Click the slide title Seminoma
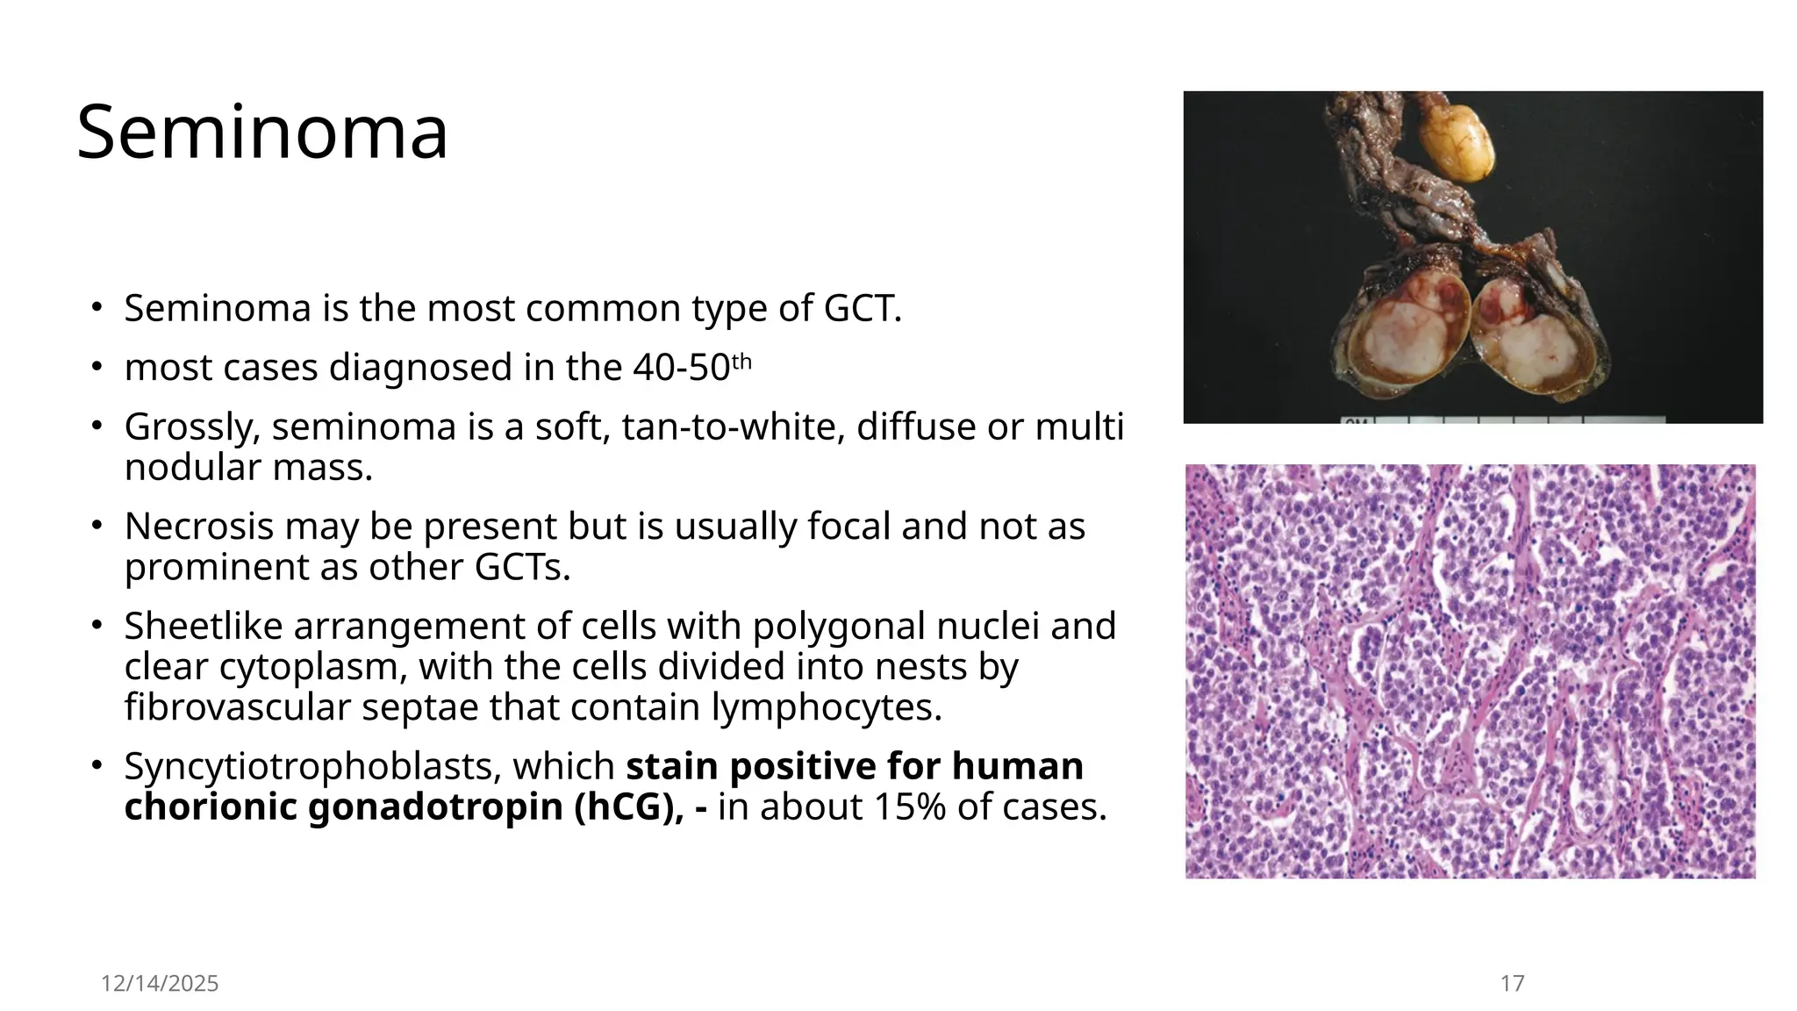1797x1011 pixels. (x=262, y=133)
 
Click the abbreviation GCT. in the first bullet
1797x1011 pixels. (x=863, y=308)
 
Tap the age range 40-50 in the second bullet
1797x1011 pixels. (x=681, y=367)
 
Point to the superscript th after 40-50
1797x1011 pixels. (x=742, y=361)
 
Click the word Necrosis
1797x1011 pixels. (x=197, y=527)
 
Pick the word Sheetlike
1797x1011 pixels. (x=203, y=627)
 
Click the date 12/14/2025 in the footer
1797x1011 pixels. (x=159, y=984)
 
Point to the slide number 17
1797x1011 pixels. (x=1512, y=984)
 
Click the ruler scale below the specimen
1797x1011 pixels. (x=1500, y=419)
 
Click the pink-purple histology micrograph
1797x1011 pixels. (x=1470, y=671)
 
